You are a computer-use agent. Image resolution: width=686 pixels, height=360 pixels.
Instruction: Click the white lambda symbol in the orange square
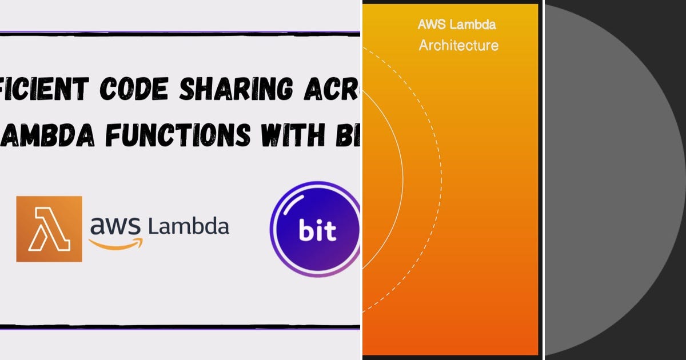50,229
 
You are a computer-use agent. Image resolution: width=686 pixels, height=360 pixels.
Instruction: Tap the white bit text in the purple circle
317,231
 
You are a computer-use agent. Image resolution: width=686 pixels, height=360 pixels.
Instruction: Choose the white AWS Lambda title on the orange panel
457,25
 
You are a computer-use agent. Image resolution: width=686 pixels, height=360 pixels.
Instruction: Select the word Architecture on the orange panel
458,45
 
